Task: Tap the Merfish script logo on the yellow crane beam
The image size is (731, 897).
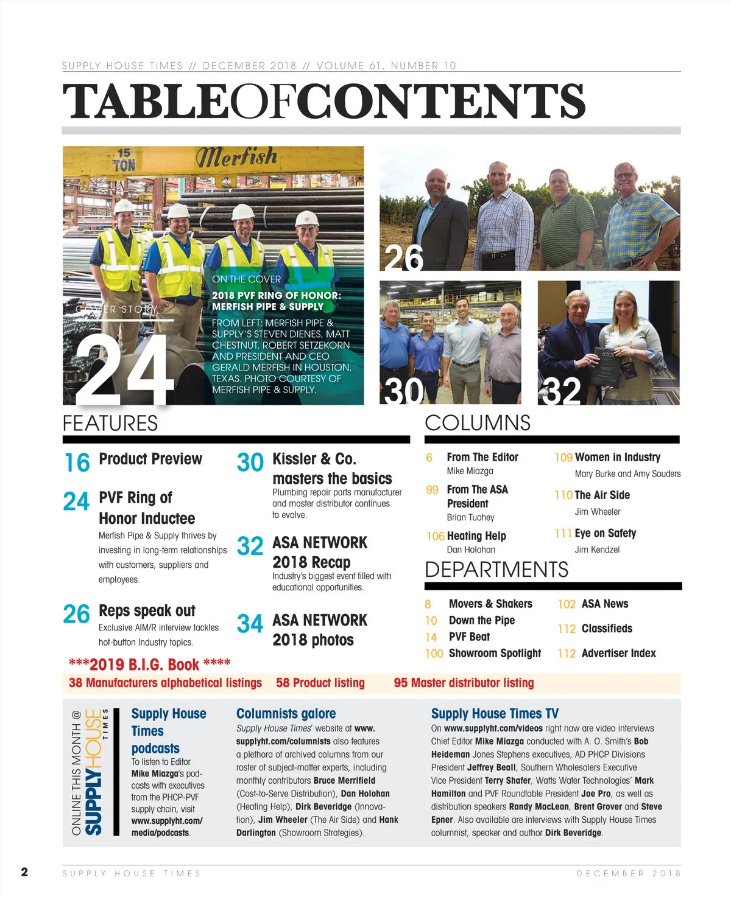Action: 236,157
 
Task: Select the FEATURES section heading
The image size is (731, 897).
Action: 110,423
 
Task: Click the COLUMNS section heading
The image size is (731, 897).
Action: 477,423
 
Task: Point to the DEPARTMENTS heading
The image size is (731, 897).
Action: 496,570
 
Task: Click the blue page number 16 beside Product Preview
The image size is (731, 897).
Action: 77,462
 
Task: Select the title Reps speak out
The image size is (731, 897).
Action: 147,610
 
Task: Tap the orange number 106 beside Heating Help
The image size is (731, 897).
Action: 435,536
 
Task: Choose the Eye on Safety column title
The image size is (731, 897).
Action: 605,533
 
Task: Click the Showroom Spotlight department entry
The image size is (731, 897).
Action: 495,653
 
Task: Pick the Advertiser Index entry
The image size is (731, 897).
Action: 618,653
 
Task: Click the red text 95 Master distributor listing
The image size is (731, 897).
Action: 464,683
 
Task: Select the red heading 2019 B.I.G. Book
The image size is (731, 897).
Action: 150,664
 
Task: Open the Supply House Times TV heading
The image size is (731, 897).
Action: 495,713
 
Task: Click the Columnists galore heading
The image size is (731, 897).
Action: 286,713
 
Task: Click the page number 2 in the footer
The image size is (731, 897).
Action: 24,872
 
